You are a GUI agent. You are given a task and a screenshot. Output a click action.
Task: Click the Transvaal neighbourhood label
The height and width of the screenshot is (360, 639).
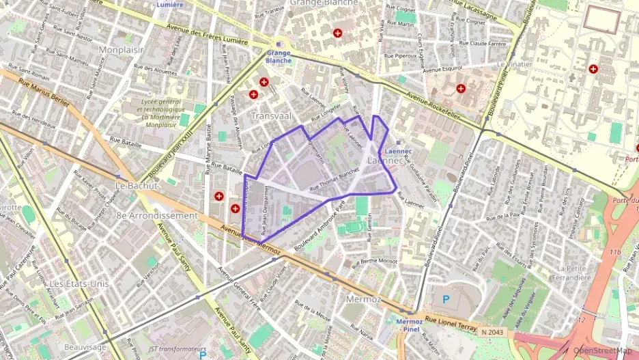pyautogui.click(x=271, y=116)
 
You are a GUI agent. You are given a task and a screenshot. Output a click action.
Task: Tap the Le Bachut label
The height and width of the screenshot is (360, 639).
pyautogui.click(x=137, y=185)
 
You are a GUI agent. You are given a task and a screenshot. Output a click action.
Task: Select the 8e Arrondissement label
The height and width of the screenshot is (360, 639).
pyautogui.click(x=157, y=215)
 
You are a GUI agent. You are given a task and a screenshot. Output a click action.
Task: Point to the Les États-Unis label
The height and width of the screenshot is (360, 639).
pyautogui.click(x=79, y=283)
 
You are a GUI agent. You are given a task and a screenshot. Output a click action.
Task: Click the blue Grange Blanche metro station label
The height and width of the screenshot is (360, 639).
pyautogui.click(x=279, y=56)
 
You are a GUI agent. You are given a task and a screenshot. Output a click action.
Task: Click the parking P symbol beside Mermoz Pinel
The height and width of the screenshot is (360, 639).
pyautogui.click(x=446, y=299)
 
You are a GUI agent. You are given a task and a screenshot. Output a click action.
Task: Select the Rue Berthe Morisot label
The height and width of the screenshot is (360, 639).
pyautogui.click(x=374, y=261)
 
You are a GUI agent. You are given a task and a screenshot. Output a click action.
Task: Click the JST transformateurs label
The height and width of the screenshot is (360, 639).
pyautogui.click(x=167, y=348)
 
